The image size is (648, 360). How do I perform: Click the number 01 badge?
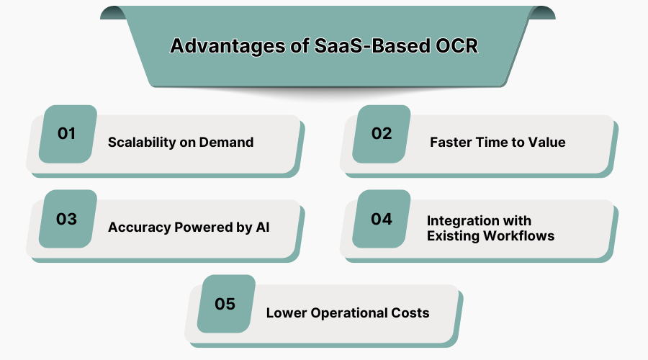coord(68,134)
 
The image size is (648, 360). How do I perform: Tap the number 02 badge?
coord(382,134)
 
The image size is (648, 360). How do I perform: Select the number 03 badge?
coord(68,219)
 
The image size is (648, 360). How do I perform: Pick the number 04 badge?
coord(382,219)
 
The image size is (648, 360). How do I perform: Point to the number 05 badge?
coord(225,304)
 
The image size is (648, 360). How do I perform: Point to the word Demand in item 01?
coord(229,143)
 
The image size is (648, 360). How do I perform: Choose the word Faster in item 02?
coord(451,143)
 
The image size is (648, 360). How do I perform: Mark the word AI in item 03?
coord(263,228)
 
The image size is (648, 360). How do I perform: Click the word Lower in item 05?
coord(285,312)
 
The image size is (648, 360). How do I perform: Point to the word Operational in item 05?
coord(348,312)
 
